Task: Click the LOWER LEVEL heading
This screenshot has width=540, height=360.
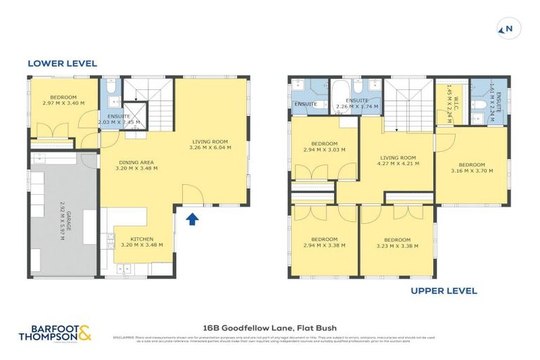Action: click(x=62, y=63)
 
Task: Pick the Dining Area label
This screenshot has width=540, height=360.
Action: click(x=137, y=165)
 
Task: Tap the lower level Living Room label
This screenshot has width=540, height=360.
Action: click(x=211, y=144)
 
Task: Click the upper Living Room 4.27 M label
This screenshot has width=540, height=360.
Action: click(x=398, y=160)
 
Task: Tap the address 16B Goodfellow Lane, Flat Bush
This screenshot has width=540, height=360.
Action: click(x=269, y=327)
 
